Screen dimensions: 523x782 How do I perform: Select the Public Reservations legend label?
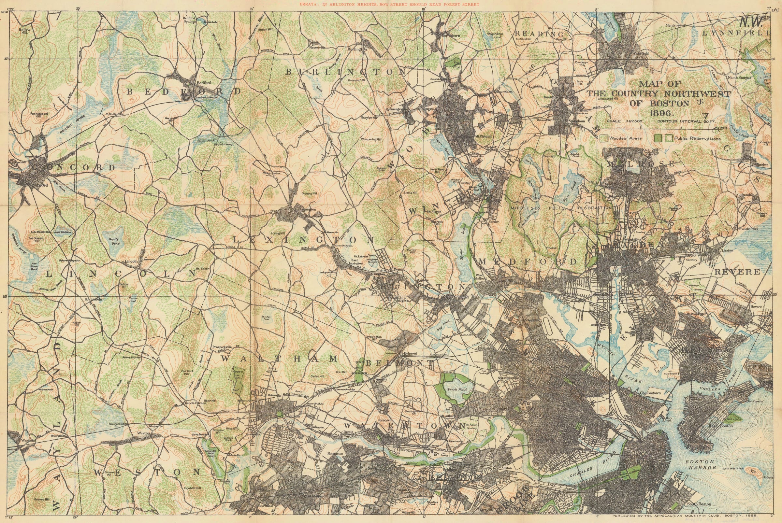click(697, 138)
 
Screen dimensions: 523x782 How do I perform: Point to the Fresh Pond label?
click(457, 389)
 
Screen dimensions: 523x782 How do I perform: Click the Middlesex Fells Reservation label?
click(561, 208)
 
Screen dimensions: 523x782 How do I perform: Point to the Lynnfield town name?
click(736, 33)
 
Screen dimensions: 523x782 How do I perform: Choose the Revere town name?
click(737, 272)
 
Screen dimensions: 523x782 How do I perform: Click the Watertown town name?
click(404, 426)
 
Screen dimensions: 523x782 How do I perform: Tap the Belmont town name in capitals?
click(400, 362)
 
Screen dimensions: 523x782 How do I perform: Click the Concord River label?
click(72, 124)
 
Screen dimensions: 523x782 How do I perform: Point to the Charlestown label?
click(650, 393)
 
